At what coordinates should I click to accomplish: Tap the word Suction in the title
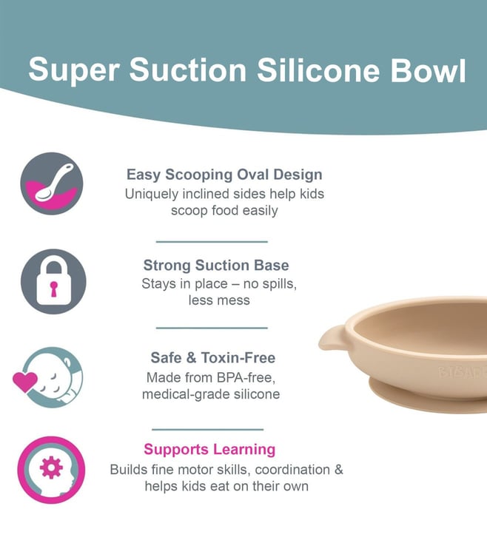click(x=188, y=70)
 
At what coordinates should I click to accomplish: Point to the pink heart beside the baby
click(x=25, y=382)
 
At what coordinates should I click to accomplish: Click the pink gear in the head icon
click(x=51, y=468)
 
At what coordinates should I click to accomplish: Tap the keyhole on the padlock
click(x=54, y=289)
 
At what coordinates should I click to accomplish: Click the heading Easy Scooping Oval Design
click(x=224, y=174)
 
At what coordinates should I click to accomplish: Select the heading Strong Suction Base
click(x=216, y=265)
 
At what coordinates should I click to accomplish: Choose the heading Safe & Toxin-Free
click(x=213, y=357)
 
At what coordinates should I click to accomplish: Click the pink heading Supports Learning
click(x=209, y=449)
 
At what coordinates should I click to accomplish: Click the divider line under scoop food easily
click(x=212, y=242)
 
